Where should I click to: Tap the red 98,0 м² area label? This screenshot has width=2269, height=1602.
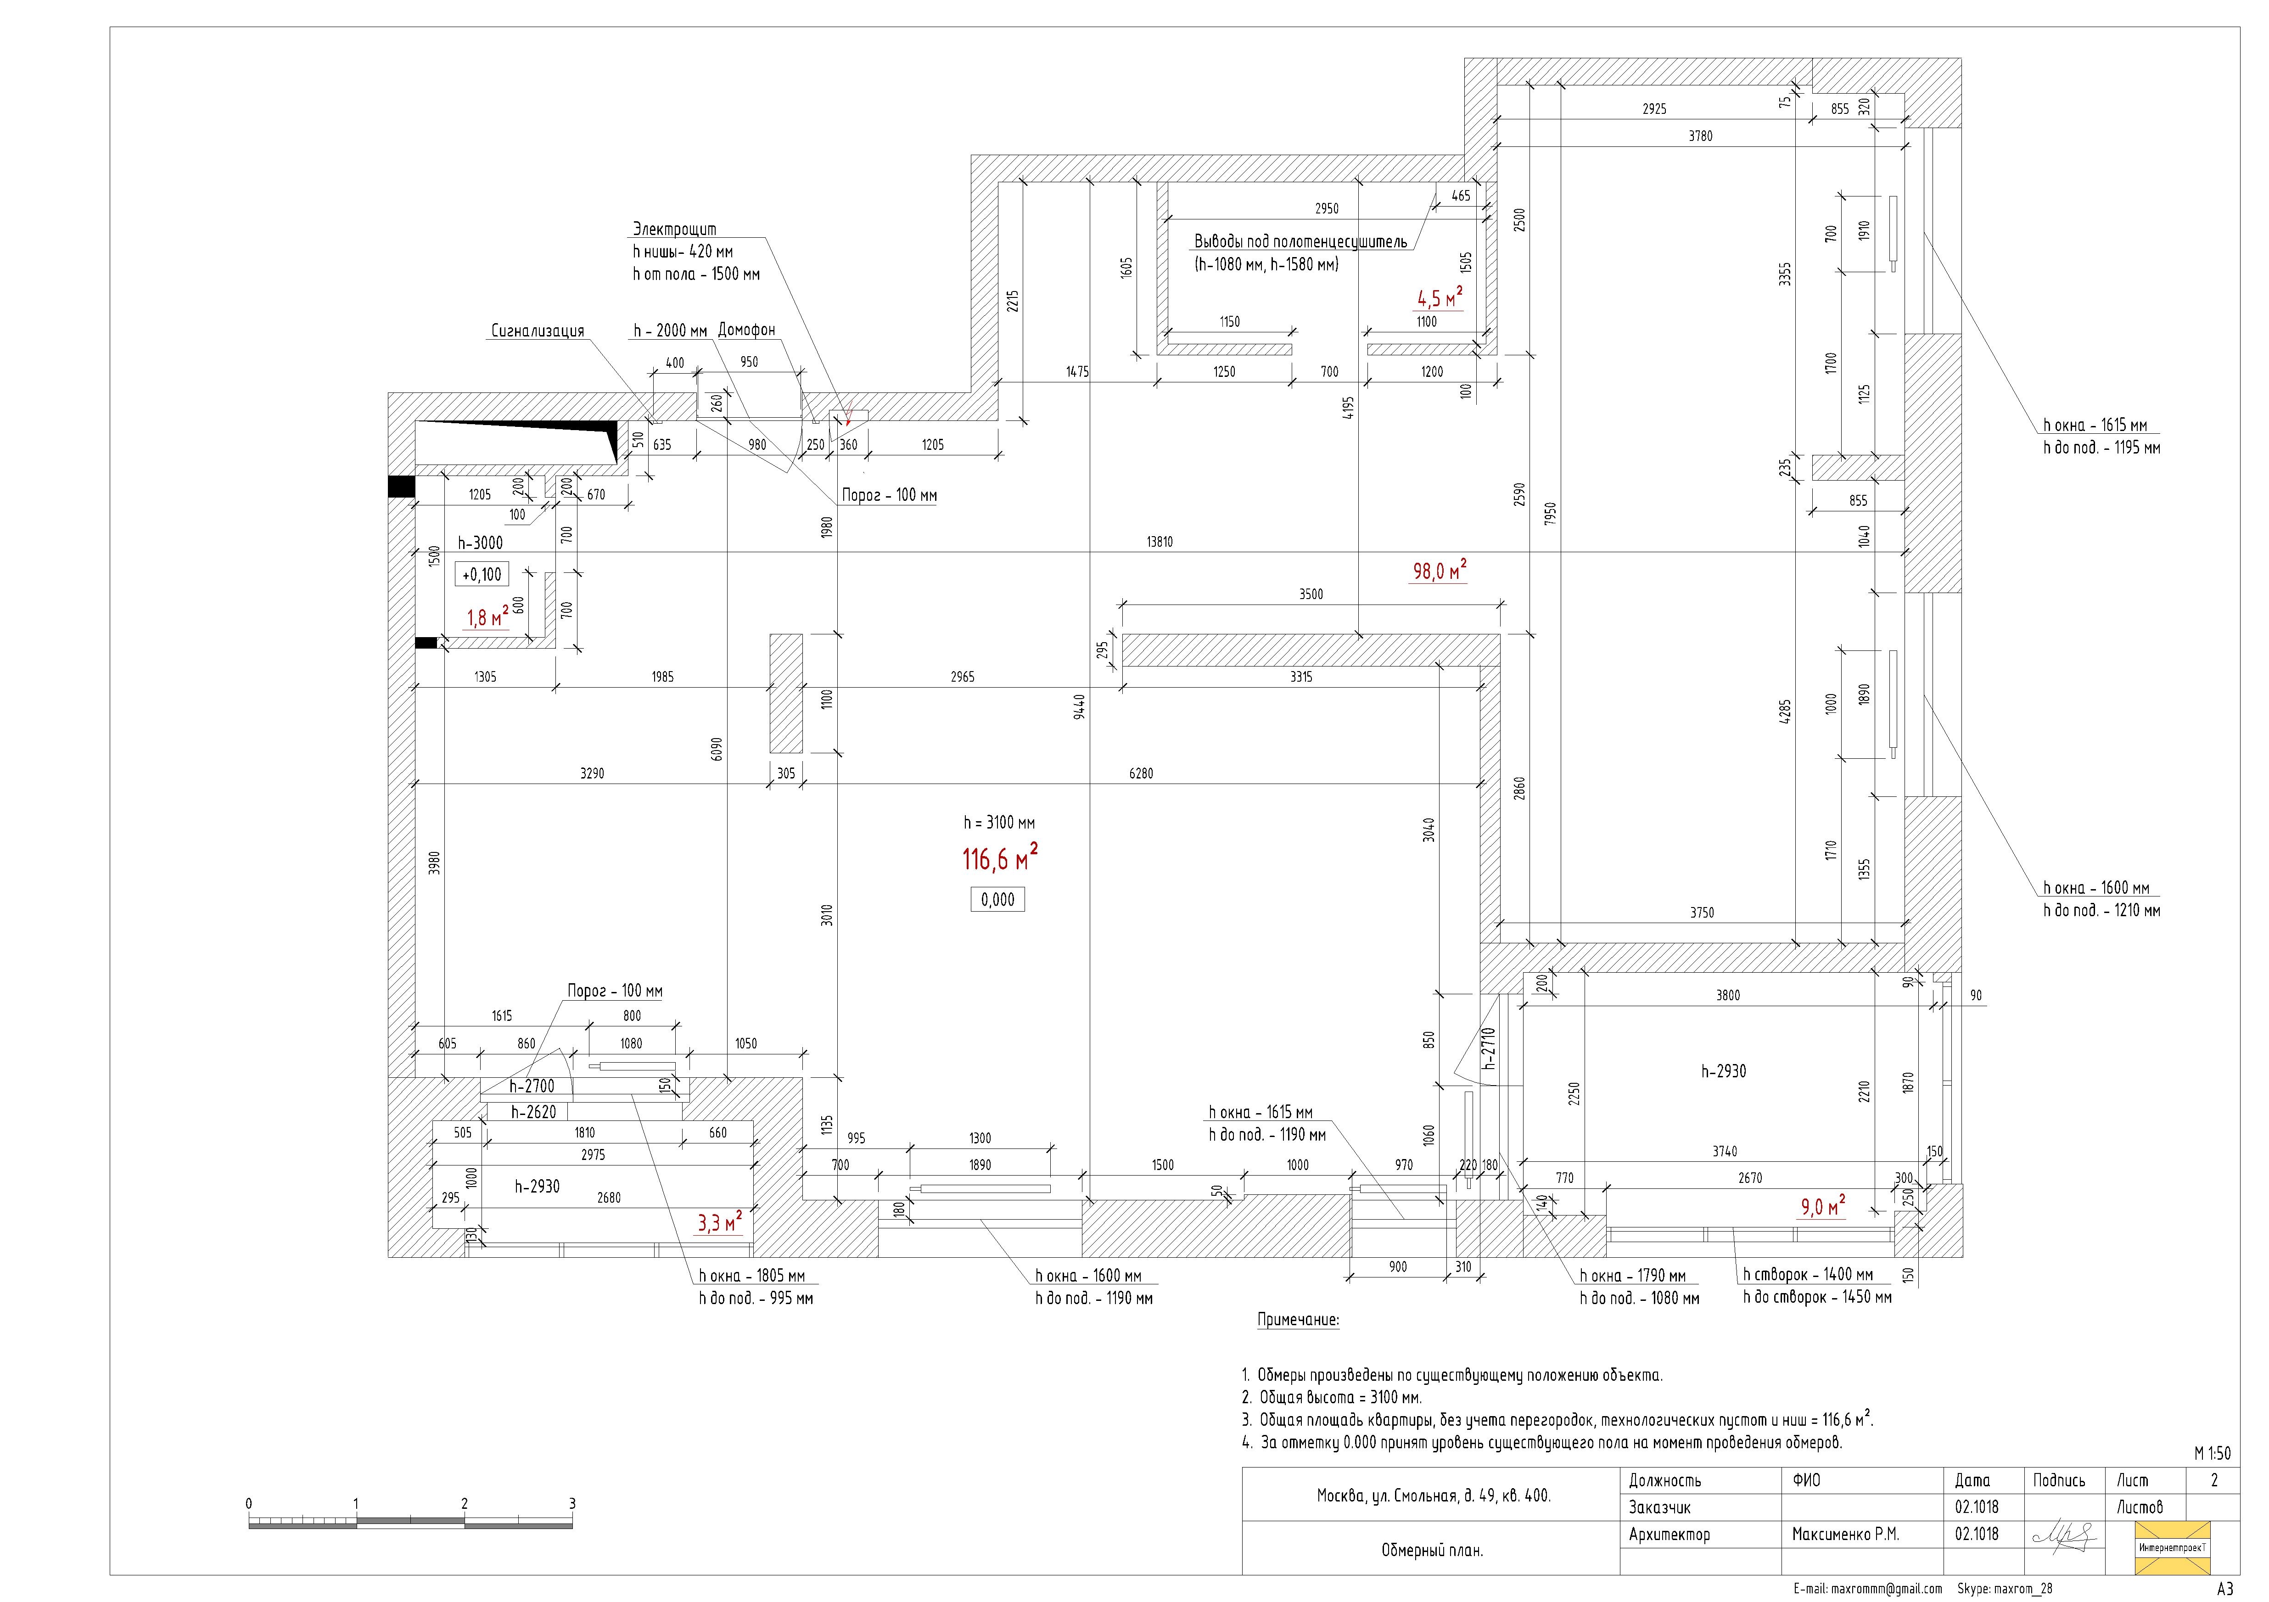pyautogui.click(x=1439, y=570)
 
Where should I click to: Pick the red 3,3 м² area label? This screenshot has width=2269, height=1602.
pyautogui.click(x=719, y=1222)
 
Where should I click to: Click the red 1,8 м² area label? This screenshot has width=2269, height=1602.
pyautogui.click(x=488, y=618)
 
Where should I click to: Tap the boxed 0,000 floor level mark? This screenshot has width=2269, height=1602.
pyautogui.click(x=998, y=899)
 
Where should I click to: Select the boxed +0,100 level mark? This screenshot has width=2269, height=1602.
pyautogui.click(x=482, y=574)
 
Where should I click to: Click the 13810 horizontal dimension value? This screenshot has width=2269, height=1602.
pyautogui.click(x=1160, y=542)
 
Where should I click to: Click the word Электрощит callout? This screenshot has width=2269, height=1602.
pyautogui.click(x=675, y=228)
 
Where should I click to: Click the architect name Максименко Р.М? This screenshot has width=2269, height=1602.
pyautogui.click(x=1846, y=1535)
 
